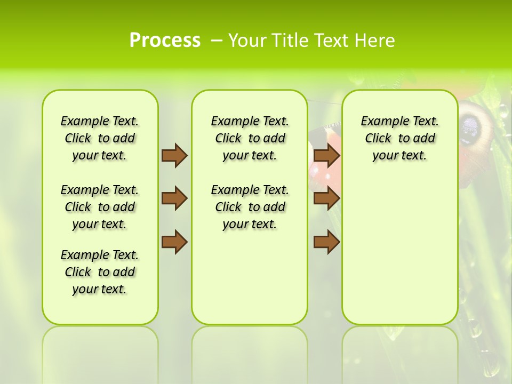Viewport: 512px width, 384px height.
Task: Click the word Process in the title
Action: pyautogui.click(x=165, y=41)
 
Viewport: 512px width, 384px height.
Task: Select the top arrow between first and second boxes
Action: pyautogui.click(x=174, y=155)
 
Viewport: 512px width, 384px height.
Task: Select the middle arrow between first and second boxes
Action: pyautogui.click(x=174, y=198)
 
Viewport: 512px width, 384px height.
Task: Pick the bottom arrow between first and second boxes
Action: pyautogui.click(x=174, y=242)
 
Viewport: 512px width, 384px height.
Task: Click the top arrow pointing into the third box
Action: pyautogui.click(x=326, y=155)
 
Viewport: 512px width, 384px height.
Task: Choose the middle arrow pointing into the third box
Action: pyautogui.click(x=326, y=198)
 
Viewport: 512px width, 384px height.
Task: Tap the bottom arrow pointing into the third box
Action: pyautogui.click(x=326, y=242)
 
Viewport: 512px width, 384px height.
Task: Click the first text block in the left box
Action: pyautogui.click(x=100, y=138)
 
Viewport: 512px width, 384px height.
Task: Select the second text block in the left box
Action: pyautogui.click(x=100, y=207)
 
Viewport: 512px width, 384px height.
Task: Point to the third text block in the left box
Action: pyautogui.click(x=100, y=272)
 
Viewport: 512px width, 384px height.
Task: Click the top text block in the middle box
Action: pyautogui.click(x=250, y=138)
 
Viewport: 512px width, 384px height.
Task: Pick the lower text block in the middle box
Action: pyautogui.click(x=250, y=207)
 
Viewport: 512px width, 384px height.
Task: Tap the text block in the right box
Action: pyautogui.click(x=399, y=138)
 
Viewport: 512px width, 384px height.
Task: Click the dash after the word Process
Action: pyautogui.click(x=217, y=41)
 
